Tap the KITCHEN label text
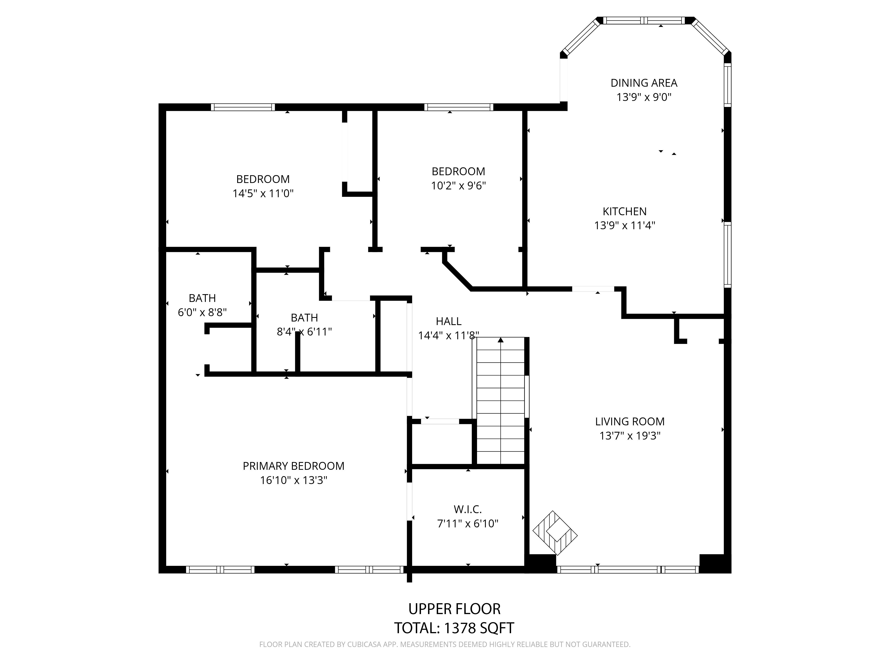pyautogui.click(x=625, y=211)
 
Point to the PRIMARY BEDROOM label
pyautogui.click(x=293, y=466)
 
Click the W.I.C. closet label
pyautogui.click(x=467, y=509)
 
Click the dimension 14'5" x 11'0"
pyautogui.click(x=263, y=193)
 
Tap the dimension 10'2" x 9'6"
pyautogui.click(x=458, y=186)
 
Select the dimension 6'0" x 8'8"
pyautogui.click(x=202, y=312)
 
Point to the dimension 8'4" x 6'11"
pyautogui.click(x=304, y=332)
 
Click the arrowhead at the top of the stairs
pyautogui.click(x=501, y=340)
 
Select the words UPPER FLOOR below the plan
pyautogui.click(x=454, y=609)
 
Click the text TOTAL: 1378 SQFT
pyautogui.click(x=454, y=628)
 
